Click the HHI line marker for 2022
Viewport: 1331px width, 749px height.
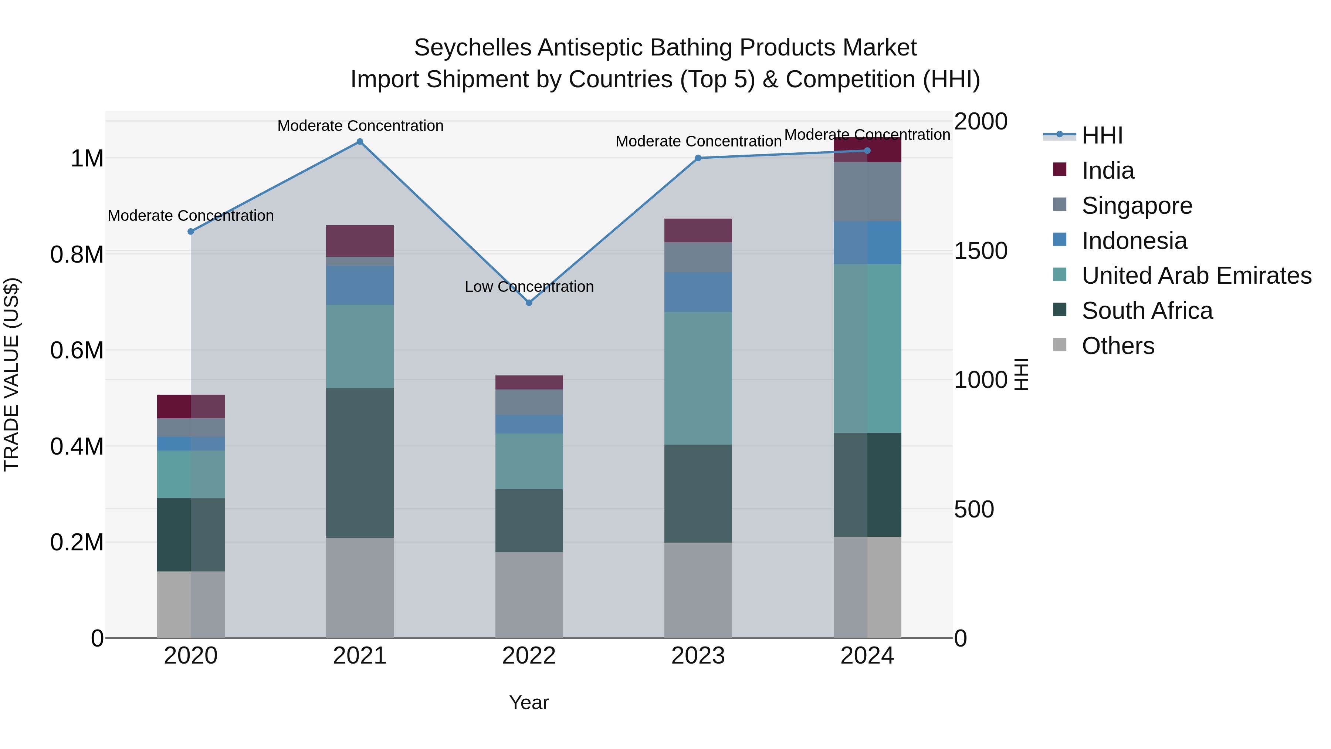[x=529, y=303]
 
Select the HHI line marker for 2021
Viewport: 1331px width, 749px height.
[x=360, y=142]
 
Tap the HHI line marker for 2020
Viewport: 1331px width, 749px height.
[x=191, y=232]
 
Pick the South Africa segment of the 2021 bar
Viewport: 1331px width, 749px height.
[x=360, y=463]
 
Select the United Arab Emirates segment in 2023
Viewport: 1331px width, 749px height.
[x=698, y=378]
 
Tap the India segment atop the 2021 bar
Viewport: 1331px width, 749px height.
[x=360, y=241]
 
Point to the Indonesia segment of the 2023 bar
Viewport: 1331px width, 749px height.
[x=698, y=292]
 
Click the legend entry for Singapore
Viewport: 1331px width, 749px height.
[x=1137, y=206]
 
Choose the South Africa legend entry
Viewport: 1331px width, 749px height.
[x=1147, y=311]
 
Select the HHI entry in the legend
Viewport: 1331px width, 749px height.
[x=1102, y=135]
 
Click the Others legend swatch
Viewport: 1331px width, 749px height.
[x=1059, y=345]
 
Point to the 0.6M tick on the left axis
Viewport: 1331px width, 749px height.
[x=77, y=351]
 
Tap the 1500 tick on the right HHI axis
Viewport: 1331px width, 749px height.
[x=980, y=251]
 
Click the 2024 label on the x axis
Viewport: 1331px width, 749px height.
[x=867, y=656]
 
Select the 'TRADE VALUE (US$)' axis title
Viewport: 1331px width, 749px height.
[x=11, y=374]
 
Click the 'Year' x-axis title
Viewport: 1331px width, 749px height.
[x=529, y=702]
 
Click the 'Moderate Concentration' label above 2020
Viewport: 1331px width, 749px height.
[x=191, y=216]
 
